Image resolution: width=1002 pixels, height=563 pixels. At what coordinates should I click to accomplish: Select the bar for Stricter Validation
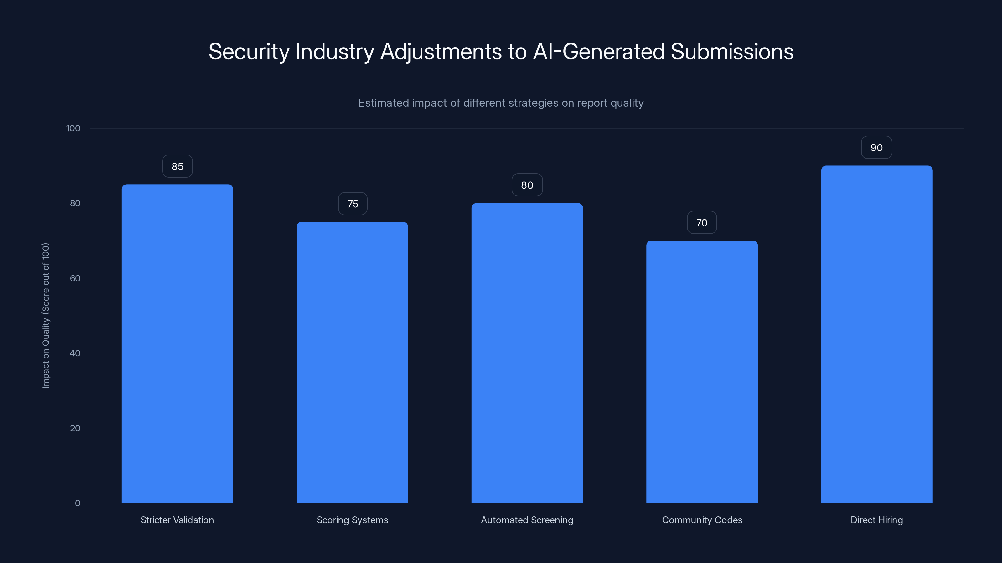tap(177, 343)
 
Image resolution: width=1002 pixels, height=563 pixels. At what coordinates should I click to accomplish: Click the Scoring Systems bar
tap(352, 362)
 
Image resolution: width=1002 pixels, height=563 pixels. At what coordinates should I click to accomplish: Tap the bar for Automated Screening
tap(527, 353)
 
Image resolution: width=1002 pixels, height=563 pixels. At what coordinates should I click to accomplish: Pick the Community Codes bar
tap(702, 372)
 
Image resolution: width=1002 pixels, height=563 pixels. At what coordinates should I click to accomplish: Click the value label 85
tap(177, 166)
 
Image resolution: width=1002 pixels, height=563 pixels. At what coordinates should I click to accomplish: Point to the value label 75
tap(352, 204)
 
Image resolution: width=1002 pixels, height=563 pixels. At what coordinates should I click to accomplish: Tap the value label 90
tap(876, 148)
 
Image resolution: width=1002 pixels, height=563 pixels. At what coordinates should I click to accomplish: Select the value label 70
tap(702, 223)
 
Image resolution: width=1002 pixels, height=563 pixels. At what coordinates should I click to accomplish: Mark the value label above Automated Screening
tap(527, 185)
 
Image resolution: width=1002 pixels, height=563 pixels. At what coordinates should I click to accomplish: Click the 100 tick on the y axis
tap(73, 129)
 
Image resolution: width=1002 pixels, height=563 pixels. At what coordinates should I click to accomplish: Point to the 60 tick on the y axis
tap(75, 278)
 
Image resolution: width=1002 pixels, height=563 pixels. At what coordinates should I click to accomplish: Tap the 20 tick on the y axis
tap(75, 428)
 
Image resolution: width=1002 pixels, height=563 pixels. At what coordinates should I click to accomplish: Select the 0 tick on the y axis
tap(77, 503)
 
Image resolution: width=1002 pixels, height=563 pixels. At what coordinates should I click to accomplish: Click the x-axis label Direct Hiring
tap(876, 520)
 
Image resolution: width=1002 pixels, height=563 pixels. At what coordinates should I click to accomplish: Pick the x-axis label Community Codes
tap(702, 520)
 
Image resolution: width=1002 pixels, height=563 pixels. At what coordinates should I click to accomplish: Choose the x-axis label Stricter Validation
tap(177, 520)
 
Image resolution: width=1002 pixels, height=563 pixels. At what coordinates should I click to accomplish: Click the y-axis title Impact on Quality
tap(46, 316)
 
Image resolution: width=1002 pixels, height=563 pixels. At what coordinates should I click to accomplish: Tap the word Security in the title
tap(249, 52)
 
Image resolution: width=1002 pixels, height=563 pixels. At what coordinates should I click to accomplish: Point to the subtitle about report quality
tap(501, 103)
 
